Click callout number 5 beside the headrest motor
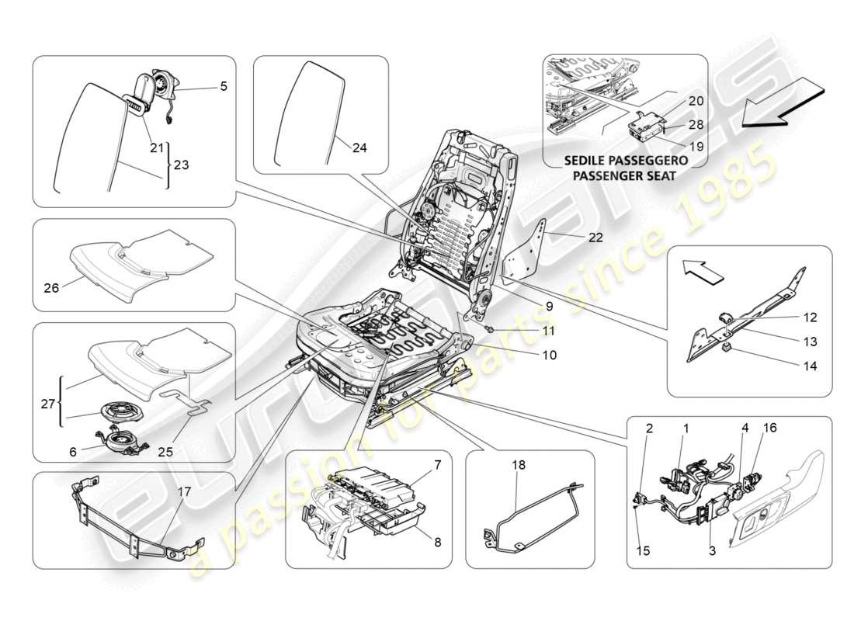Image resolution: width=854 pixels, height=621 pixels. [223, 87]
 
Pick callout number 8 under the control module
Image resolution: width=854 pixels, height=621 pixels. [437, 543]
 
